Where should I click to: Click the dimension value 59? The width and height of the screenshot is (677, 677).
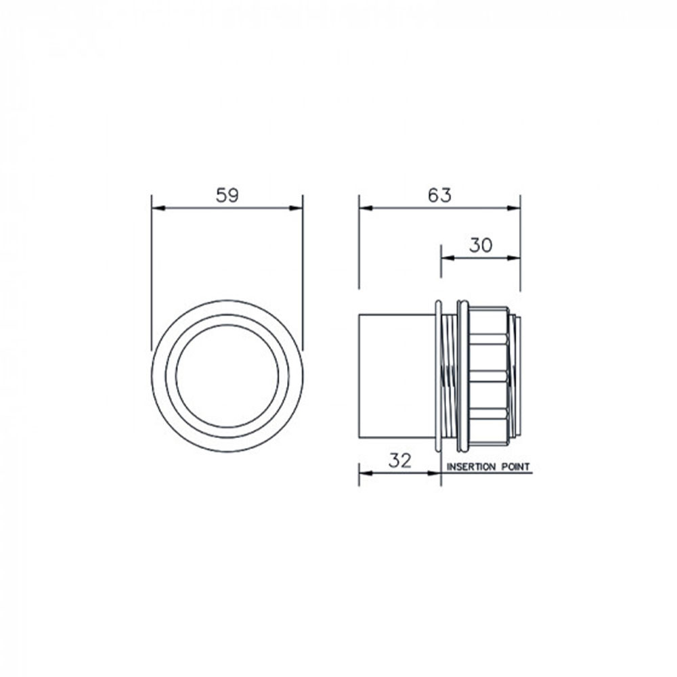point(227,196)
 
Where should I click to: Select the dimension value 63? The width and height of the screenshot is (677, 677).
point(439,196)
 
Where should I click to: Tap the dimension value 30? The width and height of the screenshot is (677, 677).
point(480,246)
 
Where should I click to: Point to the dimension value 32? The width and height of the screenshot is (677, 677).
point(400,460)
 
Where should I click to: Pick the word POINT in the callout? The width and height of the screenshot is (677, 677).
point(515,467)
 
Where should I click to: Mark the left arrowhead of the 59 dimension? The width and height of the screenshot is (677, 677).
point(157,208)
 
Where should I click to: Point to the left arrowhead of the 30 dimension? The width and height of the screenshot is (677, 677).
point(446,258)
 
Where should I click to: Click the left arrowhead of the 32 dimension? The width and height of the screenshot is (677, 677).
point(364,473)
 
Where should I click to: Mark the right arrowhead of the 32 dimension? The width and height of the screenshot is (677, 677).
point(435,473)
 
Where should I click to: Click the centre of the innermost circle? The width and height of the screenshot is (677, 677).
point(227,376)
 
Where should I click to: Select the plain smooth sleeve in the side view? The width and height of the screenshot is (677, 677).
point(397,376)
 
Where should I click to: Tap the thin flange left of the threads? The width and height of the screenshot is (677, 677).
point(439,376)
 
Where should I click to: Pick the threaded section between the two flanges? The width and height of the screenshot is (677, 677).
point(449,376)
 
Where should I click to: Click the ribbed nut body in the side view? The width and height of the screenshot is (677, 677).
point(487,376)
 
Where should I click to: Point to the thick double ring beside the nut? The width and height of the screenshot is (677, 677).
point(462,376)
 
